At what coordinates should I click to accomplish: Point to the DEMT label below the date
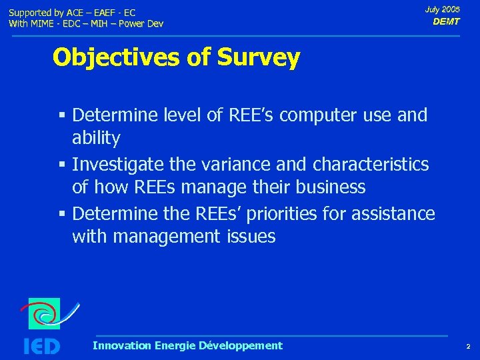(x=446, y=22)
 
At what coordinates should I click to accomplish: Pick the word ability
(x=96, y=139)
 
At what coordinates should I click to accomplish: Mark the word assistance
(x=393, y=213)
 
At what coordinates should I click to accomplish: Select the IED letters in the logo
(x=41, y=346)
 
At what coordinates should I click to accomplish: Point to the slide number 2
(x=468, y=347)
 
